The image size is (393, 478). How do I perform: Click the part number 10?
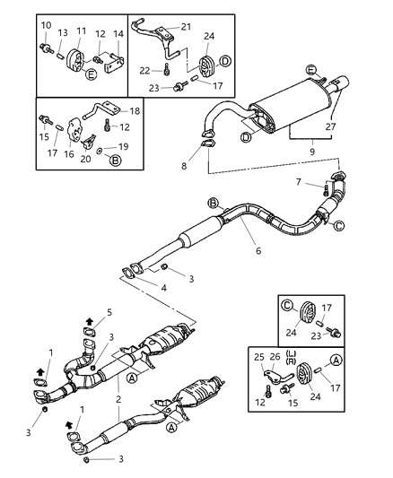[x=46, y=25]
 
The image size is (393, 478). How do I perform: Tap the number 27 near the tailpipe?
[x=330, y=126]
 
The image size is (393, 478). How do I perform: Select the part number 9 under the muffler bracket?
[x=312, y=151]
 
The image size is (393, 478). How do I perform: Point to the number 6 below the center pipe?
[x=258, y=250]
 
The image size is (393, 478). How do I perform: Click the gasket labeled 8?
[x=207, y=143]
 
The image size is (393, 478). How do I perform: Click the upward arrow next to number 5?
[x=90, y=321]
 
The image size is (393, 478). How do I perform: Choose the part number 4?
[x=163, y=288]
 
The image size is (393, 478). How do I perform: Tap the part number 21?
[x=186, y=27]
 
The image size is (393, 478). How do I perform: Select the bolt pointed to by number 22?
[x=166, y=70]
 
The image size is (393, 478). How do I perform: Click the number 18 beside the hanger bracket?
[x=135, y=111]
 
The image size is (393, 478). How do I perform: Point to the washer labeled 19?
[x=100, y=150]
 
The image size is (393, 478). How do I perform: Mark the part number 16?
[x=69, y=154]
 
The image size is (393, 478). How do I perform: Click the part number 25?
[x=259, y=357]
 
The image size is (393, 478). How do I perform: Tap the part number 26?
[x=275, y=357]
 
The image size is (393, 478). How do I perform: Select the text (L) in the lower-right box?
[x=291, y=353]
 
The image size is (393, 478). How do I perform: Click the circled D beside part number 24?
[x=225, y=61]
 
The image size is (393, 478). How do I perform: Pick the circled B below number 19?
[x=115, y=161]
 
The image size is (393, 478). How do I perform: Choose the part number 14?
[x=118, y=34]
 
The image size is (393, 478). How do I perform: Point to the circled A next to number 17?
[x=336, y=361]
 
